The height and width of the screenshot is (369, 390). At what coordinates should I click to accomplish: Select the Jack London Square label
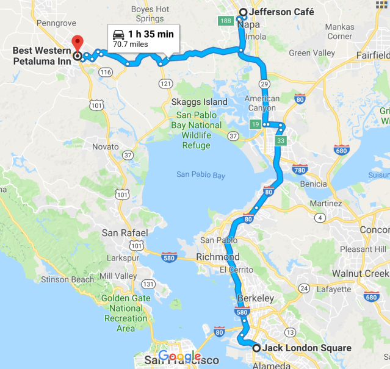point(308,348)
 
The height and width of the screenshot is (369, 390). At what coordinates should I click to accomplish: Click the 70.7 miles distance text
point(130,44)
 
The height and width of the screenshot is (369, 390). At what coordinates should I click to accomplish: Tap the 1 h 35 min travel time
point(151,34)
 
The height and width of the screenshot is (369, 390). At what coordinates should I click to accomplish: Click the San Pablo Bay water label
point(201,175)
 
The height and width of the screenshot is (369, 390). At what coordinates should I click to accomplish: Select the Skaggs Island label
point(199,102)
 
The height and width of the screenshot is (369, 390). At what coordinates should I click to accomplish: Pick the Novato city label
point(104,147)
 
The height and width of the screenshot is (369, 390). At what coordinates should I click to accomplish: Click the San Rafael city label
point(125,233)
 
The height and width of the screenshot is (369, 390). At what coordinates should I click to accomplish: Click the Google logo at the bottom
point(179,357)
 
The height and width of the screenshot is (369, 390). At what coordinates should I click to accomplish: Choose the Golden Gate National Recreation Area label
point(126,313)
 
